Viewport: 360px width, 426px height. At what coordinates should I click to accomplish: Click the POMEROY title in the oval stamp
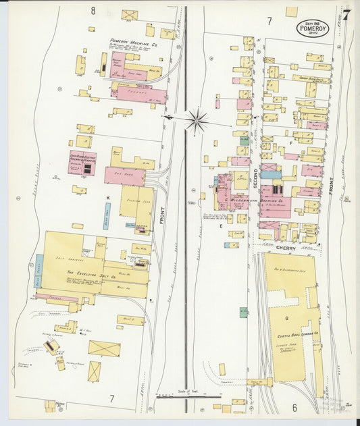pos(313,29)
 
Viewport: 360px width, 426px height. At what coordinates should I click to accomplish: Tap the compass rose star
pos(197,122)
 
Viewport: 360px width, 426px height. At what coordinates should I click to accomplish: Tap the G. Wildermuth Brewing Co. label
pos(249,201)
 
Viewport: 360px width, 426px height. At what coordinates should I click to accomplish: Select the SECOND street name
pos(257,177)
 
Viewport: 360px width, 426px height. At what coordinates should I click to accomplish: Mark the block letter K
pos(107,197)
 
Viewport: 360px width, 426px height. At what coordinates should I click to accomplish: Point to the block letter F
pos(290,143)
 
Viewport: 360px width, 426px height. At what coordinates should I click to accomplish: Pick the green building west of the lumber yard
pos(243,313)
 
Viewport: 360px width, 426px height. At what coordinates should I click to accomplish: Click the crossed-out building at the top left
pos(129,15)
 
